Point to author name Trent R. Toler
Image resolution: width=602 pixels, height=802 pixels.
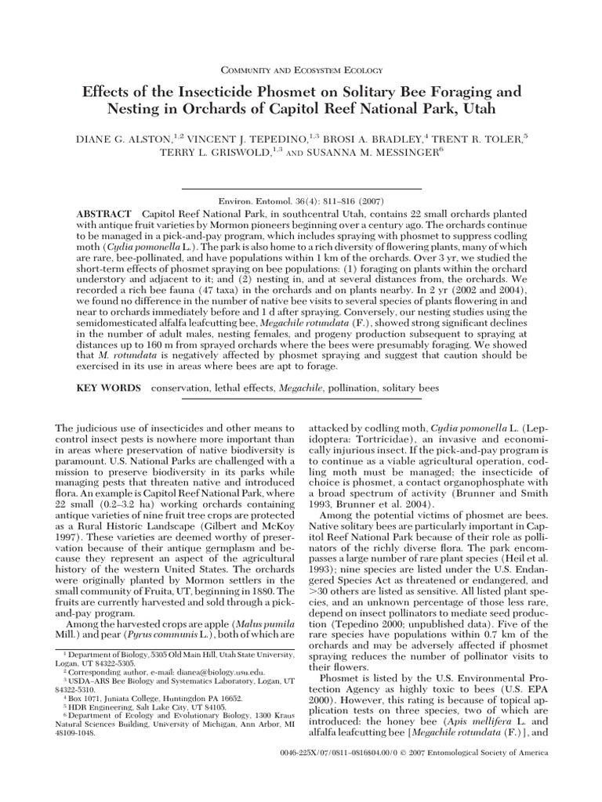click(x=480, y=139)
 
